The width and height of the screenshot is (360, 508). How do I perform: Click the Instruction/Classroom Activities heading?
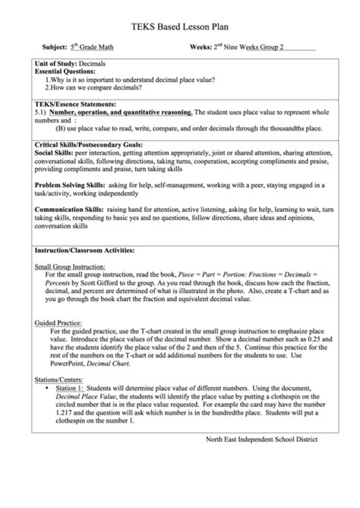tap(84, 250)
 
